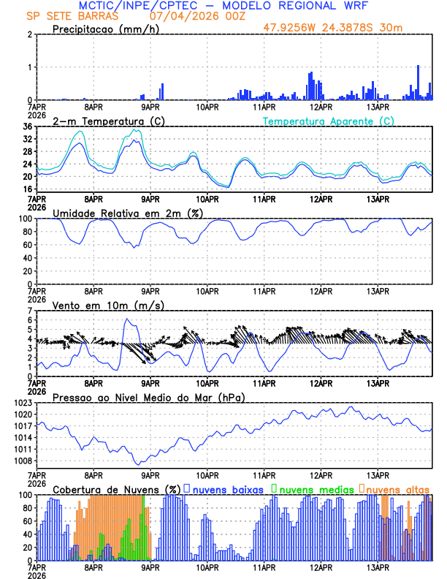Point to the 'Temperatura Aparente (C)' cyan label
coord(329,121)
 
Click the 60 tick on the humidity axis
coord(26,245)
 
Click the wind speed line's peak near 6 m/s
coord(126,319)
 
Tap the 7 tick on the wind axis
coord(30,311)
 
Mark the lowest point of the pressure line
coord(137,464)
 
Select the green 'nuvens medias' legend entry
coord(310,488)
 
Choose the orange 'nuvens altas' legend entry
coord(397,488)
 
